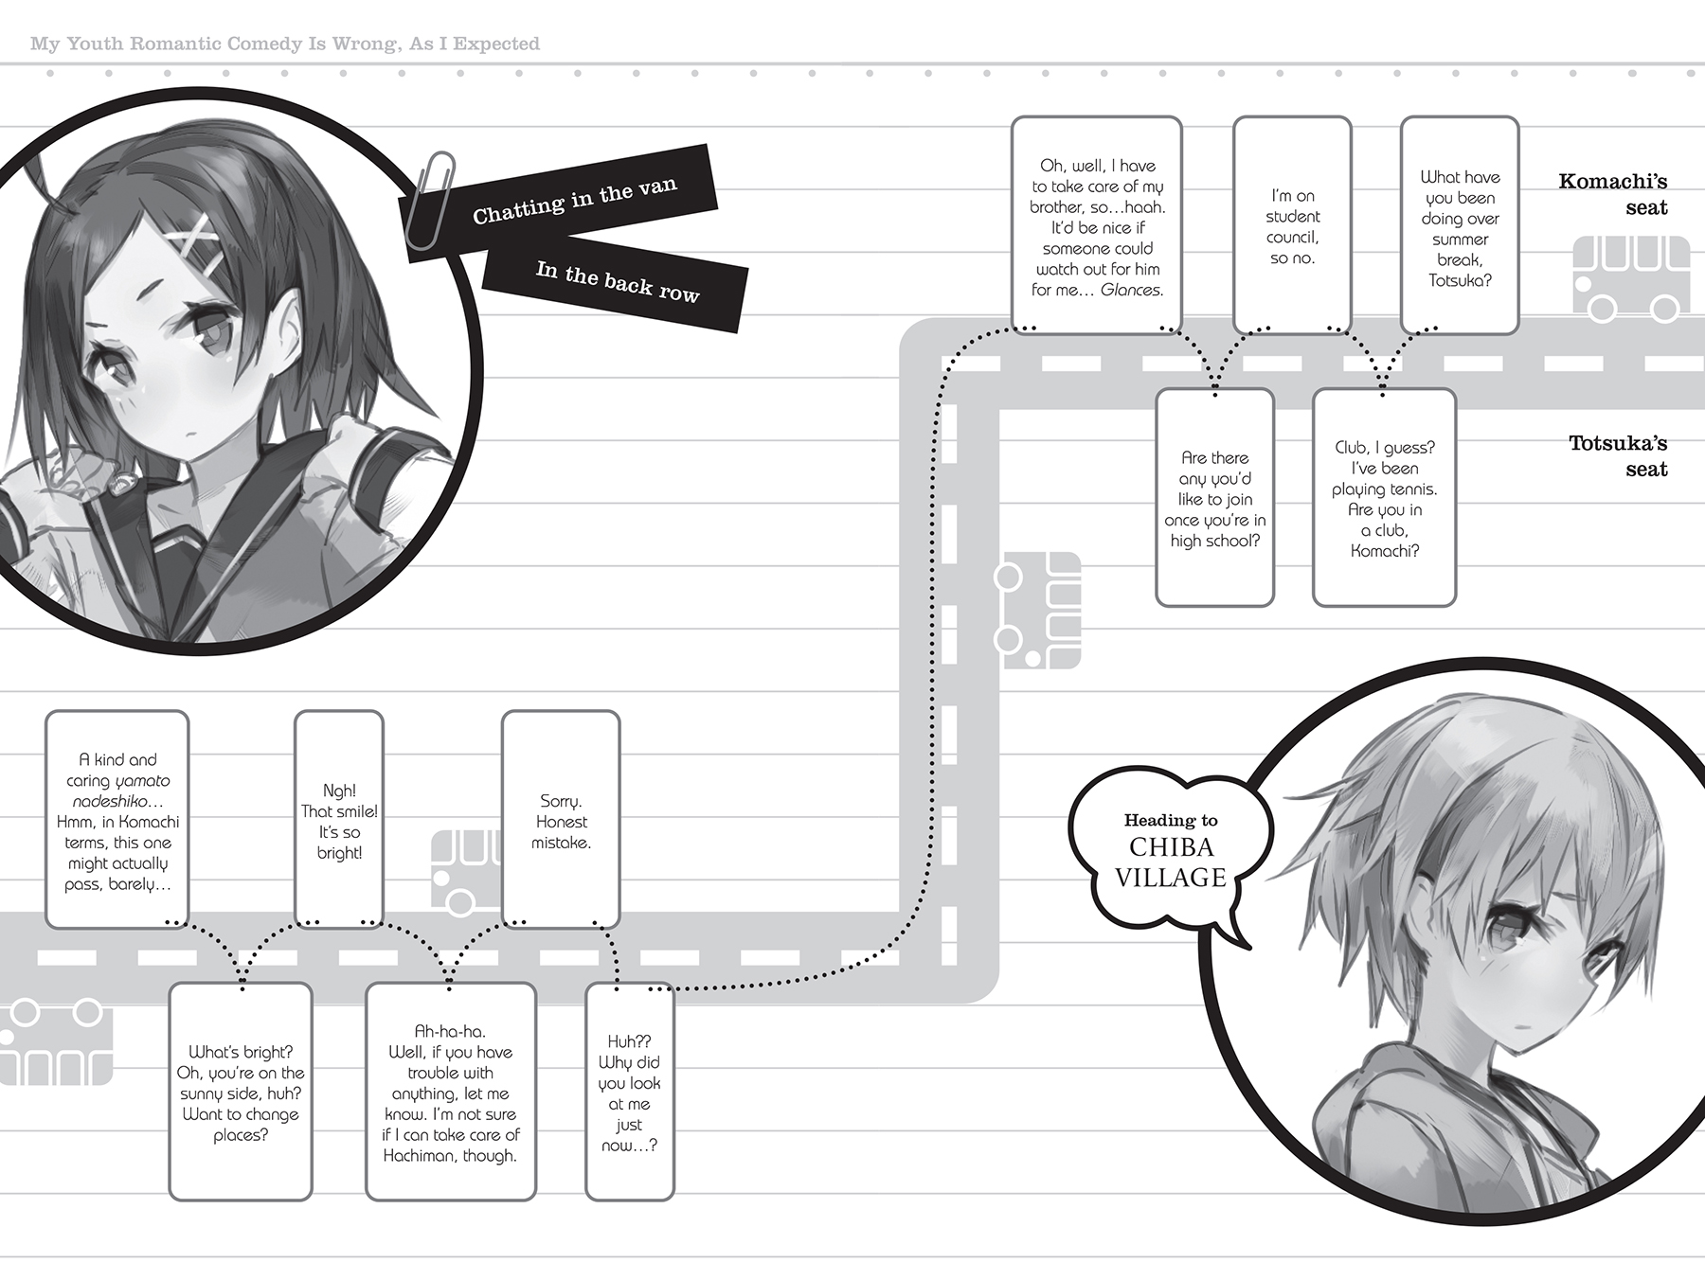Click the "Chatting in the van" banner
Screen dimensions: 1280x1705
574,201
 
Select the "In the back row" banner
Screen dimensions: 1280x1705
617,282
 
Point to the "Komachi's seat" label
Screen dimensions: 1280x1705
1612,194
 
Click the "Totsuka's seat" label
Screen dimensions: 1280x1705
1617,455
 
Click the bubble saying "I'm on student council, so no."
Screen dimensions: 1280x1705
1292,225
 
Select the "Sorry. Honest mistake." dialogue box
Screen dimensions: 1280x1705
561,820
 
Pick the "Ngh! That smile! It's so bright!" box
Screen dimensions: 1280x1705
339,820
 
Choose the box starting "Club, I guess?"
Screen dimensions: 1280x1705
1384,498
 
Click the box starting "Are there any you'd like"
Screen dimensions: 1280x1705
1214,498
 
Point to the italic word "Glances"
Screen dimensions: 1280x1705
1131,290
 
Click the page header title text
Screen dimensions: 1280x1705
285,44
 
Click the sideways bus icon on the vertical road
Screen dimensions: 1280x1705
1037,612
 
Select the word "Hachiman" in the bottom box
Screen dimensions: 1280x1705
417,1155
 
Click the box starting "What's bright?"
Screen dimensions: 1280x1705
241,1093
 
